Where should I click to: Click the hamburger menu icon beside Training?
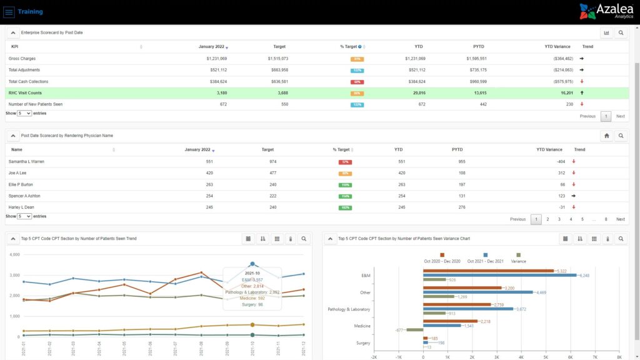pos(9,12)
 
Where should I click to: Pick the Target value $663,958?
pos(276,70)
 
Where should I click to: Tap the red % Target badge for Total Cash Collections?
pos(357,82)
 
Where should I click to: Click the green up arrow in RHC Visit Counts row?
pos(582,92)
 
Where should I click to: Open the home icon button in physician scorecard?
pos(606,136)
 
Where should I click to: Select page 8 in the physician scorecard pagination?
pos(605,219)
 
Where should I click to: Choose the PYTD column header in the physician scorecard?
pos(458,150)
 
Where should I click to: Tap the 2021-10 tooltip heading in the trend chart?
pos(252,273)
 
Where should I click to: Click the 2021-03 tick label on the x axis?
pos(74,348)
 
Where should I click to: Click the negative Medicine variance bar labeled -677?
pos(414,329)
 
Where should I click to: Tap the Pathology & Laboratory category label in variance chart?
pos(349,309)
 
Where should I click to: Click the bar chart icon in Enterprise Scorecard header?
pos(606,32)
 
